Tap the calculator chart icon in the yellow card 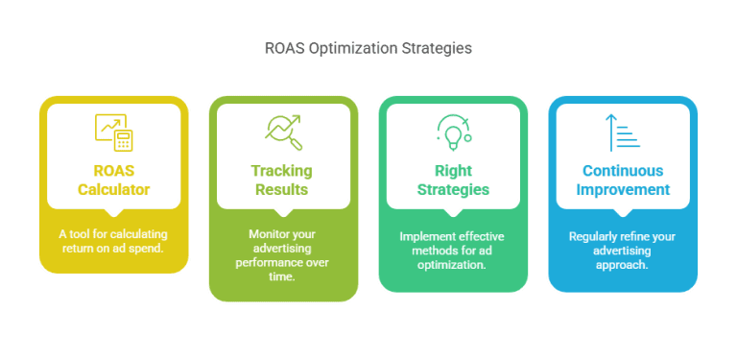tap(114, 132)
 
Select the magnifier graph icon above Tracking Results tap(283, 132)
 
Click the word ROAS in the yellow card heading tap(114, 171)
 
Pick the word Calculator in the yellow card tap(114, 190)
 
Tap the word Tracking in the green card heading tap(283, 171)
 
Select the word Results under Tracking tap(283, 190)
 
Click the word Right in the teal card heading tap(453, 171)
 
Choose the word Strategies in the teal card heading tap(453, 190)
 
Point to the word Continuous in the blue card tap(622, 171)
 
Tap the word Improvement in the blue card tap(622, 190)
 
